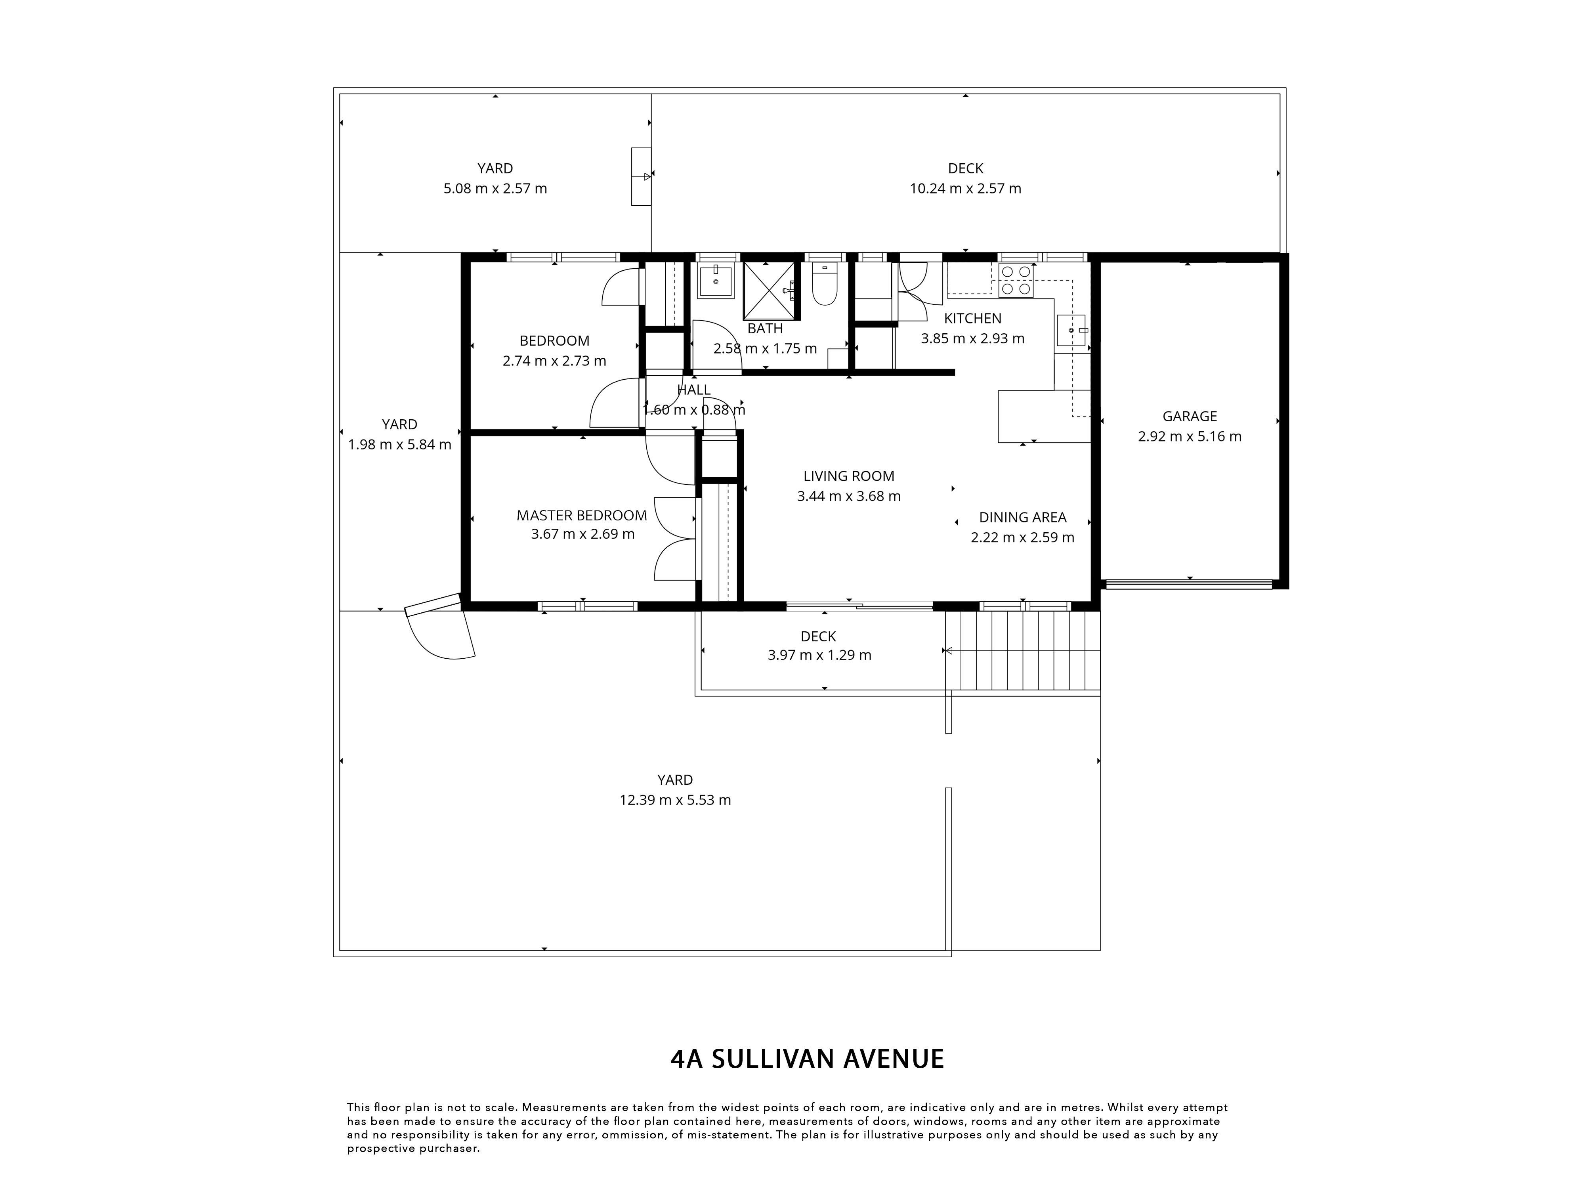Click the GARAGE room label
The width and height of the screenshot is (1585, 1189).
click(1190, 417)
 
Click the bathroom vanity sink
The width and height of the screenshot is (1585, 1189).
click(715, 281)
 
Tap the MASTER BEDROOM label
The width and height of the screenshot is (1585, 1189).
click(582, 515)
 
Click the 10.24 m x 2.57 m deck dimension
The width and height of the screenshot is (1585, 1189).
click(965, 189)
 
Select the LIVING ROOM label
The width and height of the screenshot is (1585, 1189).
click(848, 476)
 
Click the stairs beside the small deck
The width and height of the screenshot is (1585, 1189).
click(1022, 650)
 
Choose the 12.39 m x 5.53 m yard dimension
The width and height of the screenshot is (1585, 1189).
click(675, 800)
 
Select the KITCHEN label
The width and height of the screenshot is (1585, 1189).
click(972, 318)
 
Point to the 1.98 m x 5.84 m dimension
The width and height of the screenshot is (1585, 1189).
click(400, 444)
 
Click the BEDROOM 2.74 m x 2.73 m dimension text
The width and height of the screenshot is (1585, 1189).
click(555, 361)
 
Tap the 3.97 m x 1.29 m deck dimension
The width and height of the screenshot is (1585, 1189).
click(819, 655)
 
